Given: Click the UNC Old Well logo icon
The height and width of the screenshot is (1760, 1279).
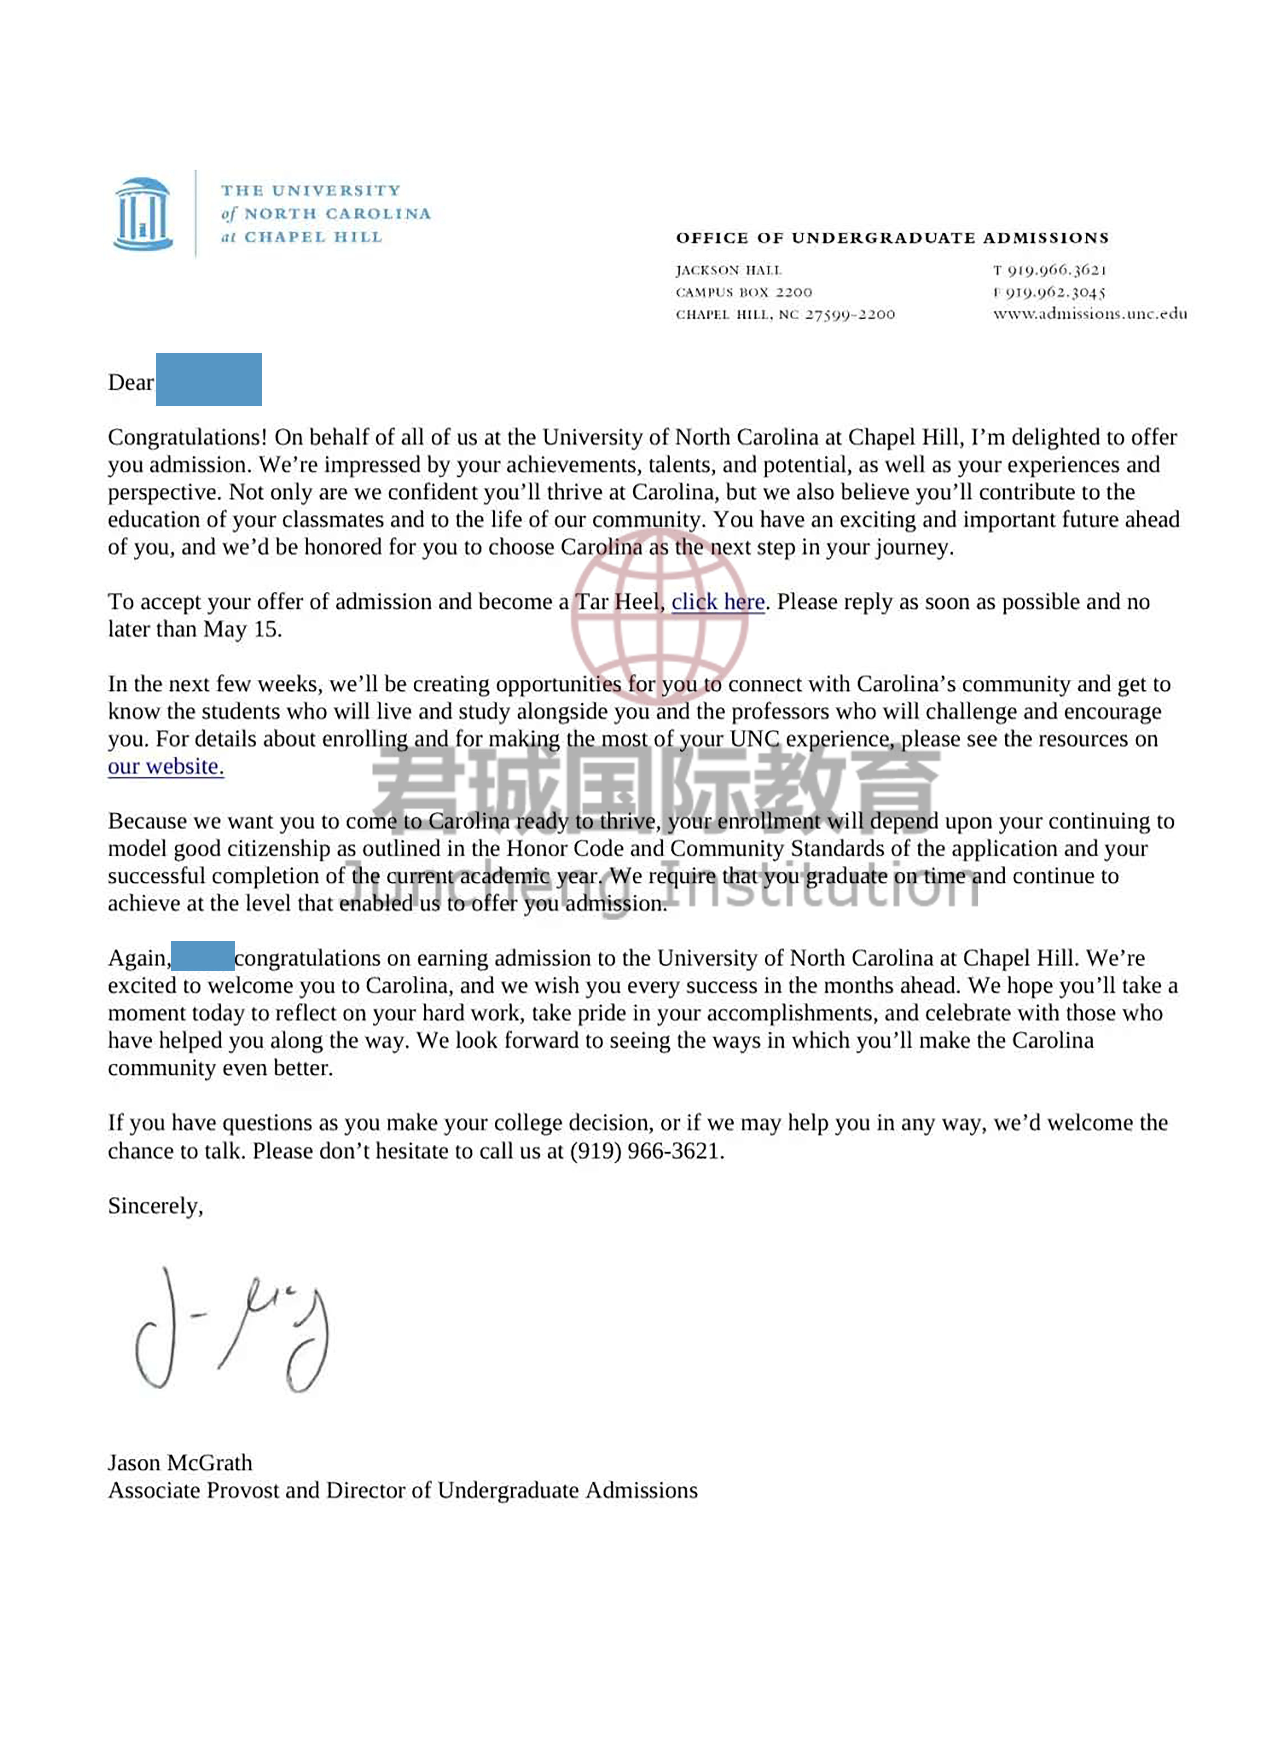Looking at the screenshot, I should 143,214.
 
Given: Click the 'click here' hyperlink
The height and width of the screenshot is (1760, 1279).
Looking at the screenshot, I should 717,602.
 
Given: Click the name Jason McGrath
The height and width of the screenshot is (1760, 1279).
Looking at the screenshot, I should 180,1463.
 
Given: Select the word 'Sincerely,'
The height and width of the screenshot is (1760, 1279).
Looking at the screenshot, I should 155,1206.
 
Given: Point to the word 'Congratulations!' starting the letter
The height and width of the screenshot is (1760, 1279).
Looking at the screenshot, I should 188,438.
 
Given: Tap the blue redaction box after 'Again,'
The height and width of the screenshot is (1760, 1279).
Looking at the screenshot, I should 203,956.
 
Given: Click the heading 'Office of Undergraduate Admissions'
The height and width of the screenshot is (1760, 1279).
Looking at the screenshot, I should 892,238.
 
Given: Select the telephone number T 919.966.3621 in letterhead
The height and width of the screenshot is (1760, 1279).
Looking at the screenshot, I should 1049,270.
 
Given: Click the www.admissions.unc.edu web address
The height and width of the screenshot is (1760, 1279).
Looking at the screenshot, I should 1090,314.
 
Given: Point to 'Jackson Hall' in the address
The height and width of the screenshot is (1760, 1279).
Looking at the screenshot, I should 728,270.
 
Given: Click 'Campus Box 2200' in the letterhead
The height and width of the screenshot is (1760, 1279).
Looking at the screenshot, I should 744,293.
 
